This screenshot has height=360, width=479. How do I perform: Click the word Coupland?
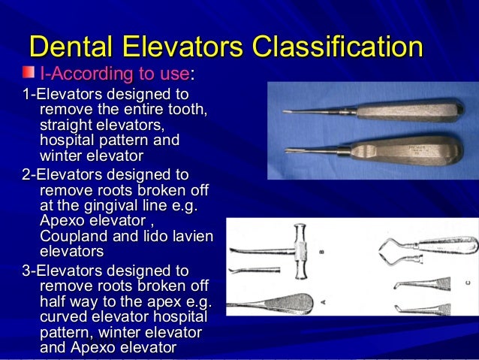point(71,237)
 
